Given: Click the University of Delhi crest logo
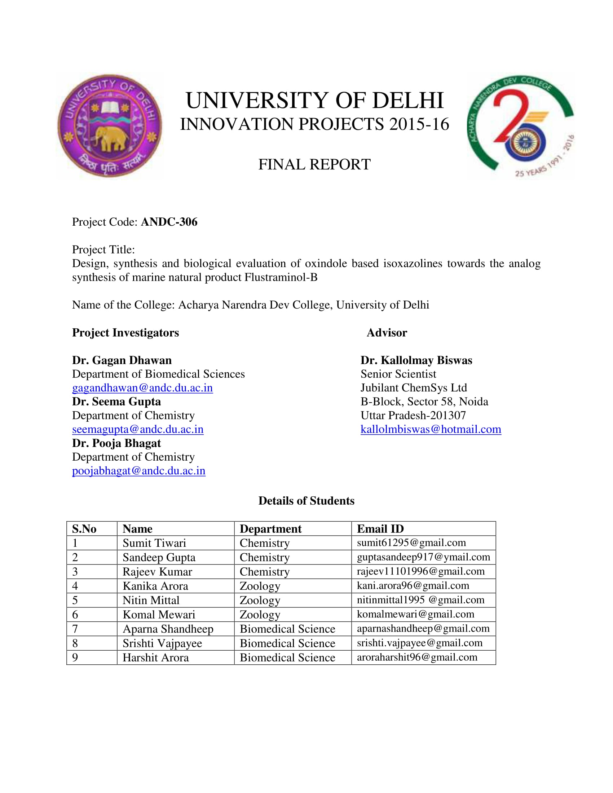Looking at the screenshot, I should coord(110,125).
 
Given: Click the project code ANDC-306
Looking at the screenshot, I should coord(169,222).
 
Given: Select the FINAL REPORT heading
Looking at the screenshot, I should coord(314,164).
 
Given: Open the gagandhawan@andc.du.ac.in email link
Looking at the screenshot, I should coord(142,388).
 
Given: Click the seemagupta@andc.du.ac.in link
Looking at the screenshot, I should coord(138,429).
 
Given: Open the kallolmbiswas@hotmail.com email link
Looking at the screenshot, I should coord(431,429).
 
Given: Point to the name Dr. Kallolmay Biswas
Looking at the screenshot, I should coord(416,360).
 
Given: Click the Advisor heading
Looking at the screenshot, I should coord(387,333).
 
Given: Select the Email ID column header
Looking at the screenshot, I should coord(380,529).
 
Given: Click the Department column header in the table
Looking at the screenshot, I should coord(270,529).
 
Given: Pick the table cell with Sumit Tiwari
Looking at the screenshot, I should coord(154,543).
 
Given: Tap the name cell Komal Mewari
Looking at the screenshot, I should coord(159,614).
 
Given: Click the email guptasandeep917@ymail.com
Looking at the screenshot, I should coord(423,557).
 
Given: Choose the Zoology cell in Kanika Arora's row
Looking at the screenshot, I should coord(260,586).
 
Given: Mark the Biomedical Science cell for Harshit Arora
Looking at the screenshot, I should coord(287,657).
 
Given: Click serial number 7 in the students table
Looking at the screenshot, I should coord(75,629).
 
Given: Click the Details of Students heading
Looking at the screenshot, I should coord(306,501).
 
